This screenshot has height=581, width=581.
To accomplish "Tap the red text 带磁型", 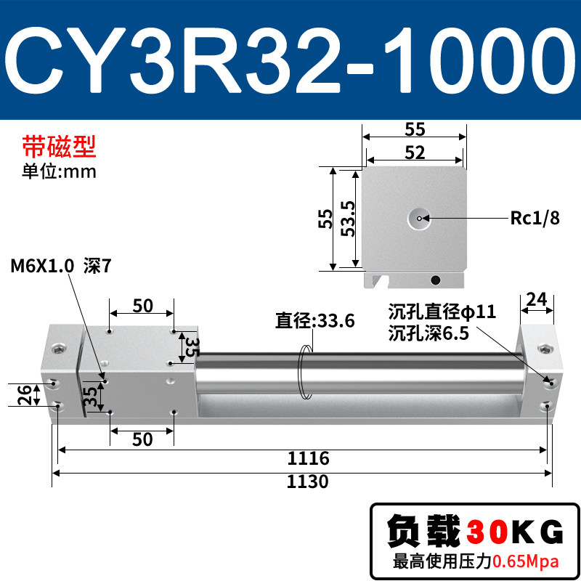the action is (x=59, y=147).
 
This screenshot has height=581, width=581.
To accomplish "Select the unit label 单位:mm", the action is (x=59, y=171).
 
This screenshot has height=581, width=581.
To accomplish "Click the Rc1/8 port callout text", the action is (x=535, y=218).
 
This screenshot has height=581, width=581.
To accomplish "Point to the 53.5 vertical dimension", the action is (x=348, y=219).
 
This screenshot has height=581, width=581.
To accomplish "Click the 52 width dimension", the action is (x=415, y=153).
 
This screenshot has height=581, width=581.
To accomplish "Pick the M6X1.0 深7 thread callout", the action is (x=61, y=266).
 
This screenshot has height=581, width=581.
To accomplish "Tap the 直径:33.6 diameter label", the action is (x=315, y=320).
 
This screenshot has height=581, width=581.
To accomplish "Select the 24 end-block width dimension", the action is (x=537, y=299).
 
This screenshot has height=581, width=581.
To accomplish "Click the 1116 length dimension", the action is (x=308, y=458).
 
